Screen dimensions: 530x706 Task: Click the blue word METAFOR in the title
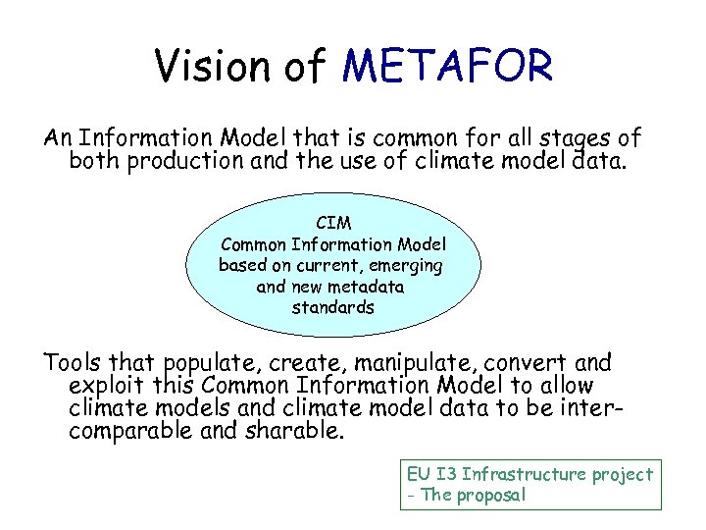[448, 68]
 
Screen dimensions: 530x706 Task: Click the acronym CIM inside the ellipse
[332, 224]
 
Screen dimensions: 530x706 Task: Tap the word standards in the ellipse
[332, 307]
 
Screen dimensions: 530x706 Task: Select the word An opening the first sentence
[57, 138]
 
